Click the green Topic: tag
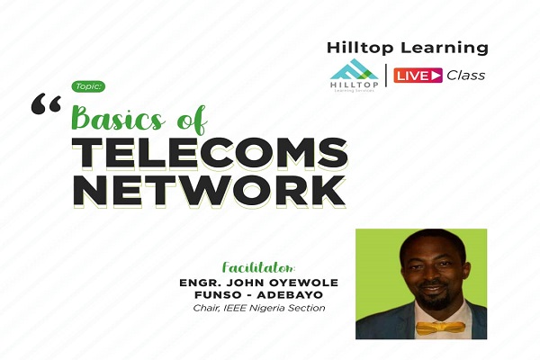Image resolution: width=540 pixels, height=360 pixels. pos(88,86)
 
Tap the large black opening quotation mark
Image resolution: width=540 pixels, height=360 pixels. pos(47,105)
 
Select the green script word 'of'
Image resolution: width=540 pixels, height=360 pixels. pos(192,120)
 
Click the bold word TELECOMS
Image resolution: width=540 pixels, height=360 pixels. pos(210,153)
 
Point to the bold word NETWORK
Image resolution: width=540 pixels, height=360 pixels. pos(209,191)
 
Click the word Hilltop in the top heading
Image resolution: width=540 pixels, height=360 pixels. pos(360,48)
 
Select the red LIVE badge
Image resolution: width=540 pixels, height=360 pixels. pos(418,75)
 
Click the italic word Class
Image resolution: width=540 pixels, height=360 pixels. pos(465,75)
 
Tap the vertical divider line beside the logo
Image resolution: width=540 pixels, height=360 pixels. pos(385,75)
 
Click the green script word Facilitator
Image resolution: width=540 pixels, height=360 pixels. pos(258,267)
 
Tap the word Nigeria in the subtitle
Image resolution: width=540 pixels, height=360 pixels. pos(268,309)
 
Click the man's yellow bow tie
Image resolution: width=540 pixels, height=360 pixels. pos(440,328)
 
